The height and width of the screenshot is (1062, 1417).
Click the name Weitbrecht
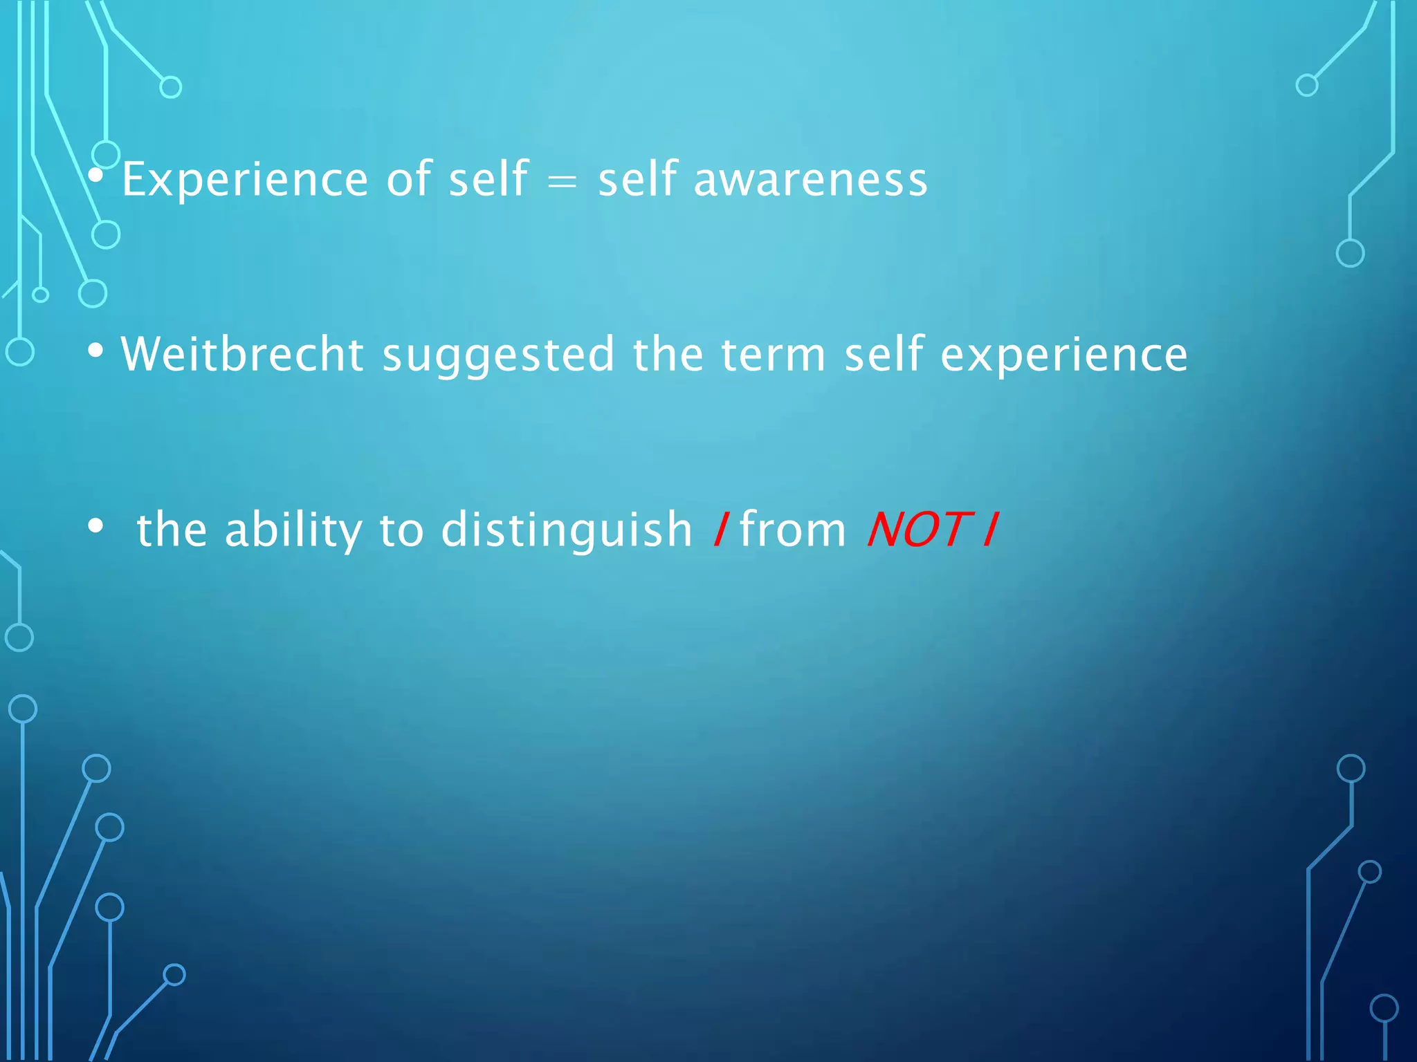click(x=242, y=355)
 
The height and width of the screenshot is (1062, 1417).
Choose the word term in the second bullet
click(x=773, y=355)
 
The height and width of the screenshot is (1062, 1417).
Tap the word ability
click(x=293, y=531)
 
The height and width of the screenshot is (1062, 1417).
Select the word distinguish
click(x=566, y=531)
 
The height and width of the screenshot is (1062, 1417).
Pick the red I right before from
click(x=720, y=530)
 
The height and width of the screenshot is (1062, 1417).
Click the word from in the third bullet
click(x=793, y=530)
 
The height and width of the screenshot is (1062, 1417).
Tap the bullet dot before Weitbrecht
click(x=96, y=351)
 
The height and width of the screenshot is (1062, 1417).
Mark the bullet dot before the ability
click(x=96, y=527)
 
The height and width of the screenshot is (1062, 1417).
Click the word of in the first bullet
click(x=409, y=180)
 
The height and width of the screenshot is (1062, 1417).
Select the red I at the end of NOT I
click(x=990, y=530)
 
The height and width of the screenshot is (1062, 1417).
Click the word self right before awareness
click(x=637, y=180)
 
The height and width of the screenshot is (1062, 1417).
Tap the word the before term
click(x=668, y=355)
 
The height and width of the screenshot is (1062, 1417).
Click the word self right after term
click(x=884, y=355)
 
